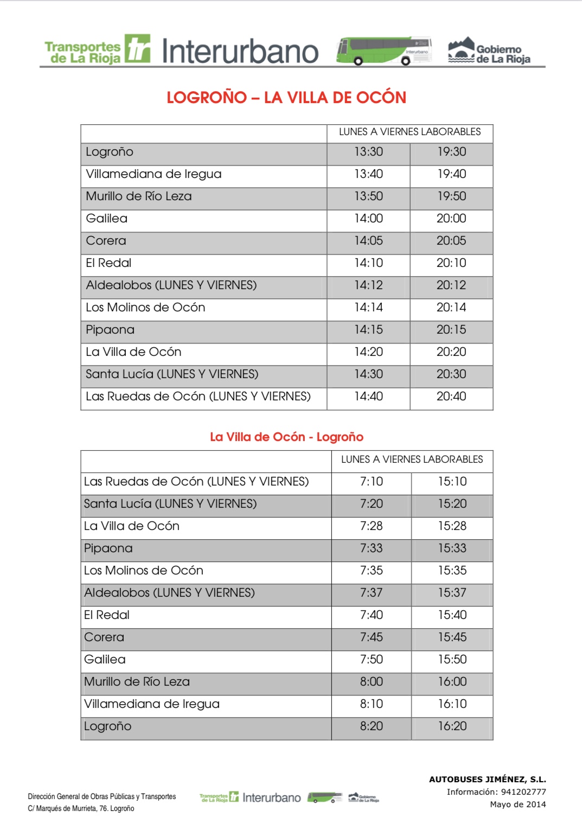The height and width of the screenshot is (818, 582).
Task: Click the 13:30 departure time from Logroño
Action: tap(368, 152)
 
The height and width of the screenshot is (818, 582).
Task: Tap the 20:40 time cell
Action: tap(451, 397)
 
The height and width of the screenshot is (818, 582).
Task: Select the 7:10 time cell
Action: tap(372, 482)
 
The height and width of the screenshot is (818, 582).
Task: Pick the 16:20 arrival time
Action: tap(452, 726)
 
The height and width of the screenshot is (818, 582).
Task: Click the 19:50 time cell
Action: tap(452, 196)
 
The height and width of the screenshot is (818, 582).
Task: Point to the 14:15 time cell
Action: tap(368, 330)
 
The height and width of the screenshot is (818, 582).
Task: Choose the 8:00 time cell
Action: tap(372, 682)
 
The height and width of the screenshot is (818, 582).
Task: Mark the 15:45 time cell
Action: tap(452, 637)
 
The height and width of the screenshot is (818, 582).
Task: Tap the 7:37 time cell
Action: tap(372, 593)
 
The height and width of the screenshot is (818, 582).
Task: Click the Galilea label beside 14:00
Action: tap(107, 219)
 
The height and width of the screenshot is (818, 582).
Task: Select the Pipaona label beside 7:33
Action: tap(108, 548)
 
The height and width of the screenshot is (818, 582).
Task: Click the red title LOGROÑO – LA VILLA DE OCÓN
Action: tap(286, 98)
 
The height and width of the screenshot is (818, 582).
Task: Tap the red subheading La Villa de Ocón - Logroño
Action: tap(286, 437)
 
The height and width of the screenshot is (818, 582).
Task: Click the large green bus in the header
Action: tap(383, 51)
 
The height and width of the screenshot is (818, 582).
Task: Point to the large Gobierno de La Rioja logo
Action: tap(489, 52)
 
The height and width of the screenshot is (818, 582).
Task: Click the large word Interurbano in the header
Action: tap(240, 52)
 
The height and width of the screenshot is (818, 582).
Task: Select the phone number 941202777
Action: tap(523, 792)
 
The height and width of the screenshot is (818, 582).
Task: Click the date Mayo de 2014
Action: tap(517, 804)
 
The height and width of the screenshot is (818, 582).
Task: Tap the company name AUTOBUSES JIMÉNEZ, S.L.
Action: tap(487, 779)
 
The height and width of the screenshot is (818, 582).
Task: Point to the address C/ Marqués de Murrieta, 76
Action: tap(81, 808)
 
